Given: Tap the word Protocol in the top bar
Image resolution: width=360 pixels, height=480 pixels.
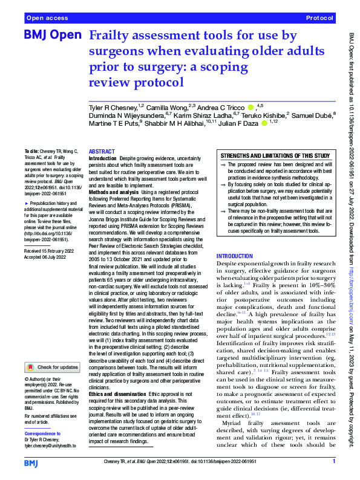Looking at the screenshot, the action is [320, 19].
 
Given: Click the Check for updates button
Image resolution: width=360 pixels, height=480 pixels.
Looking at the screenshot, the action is [51, 368].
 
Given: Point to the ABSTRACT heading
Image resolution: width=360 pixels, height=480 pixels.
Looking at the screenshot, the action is [102, 152].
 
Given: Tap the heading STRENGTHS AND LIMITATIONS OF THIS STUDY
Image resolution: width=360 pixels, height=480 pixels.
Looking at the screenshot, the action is [275, 155].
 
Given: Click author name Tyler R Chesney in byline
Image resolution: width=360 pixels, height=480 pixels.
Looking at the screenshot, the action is [114, 107].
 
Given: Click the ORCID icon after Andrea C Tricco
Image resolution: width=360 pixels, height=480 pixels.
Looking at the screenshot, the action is [251, 107].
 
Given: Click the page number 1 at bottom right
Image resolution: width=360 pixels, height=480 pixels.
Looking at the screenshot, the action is [333, 462].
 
